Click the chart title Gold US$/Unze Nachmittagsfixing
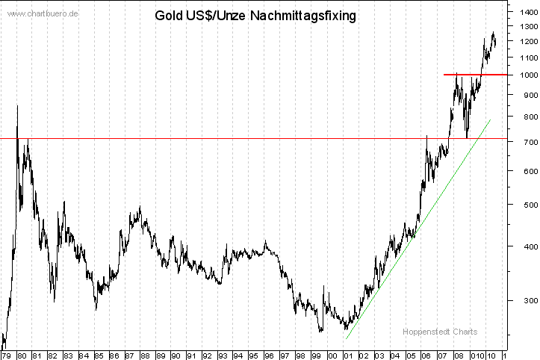tap(255, 15)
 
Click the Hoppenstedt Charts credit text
tap(440, 332)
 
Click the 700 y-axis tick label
tap(522, 141)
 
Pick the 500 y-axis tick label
tap(522, 205)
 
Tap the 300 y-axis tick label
tap(522, 300)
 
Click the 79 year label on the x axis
tap(7, 356)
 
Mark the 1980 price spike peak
tap(17, 107)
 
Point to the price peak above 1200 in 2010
tap(493, 33)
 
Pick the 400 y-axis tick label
tap(522, 246)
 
